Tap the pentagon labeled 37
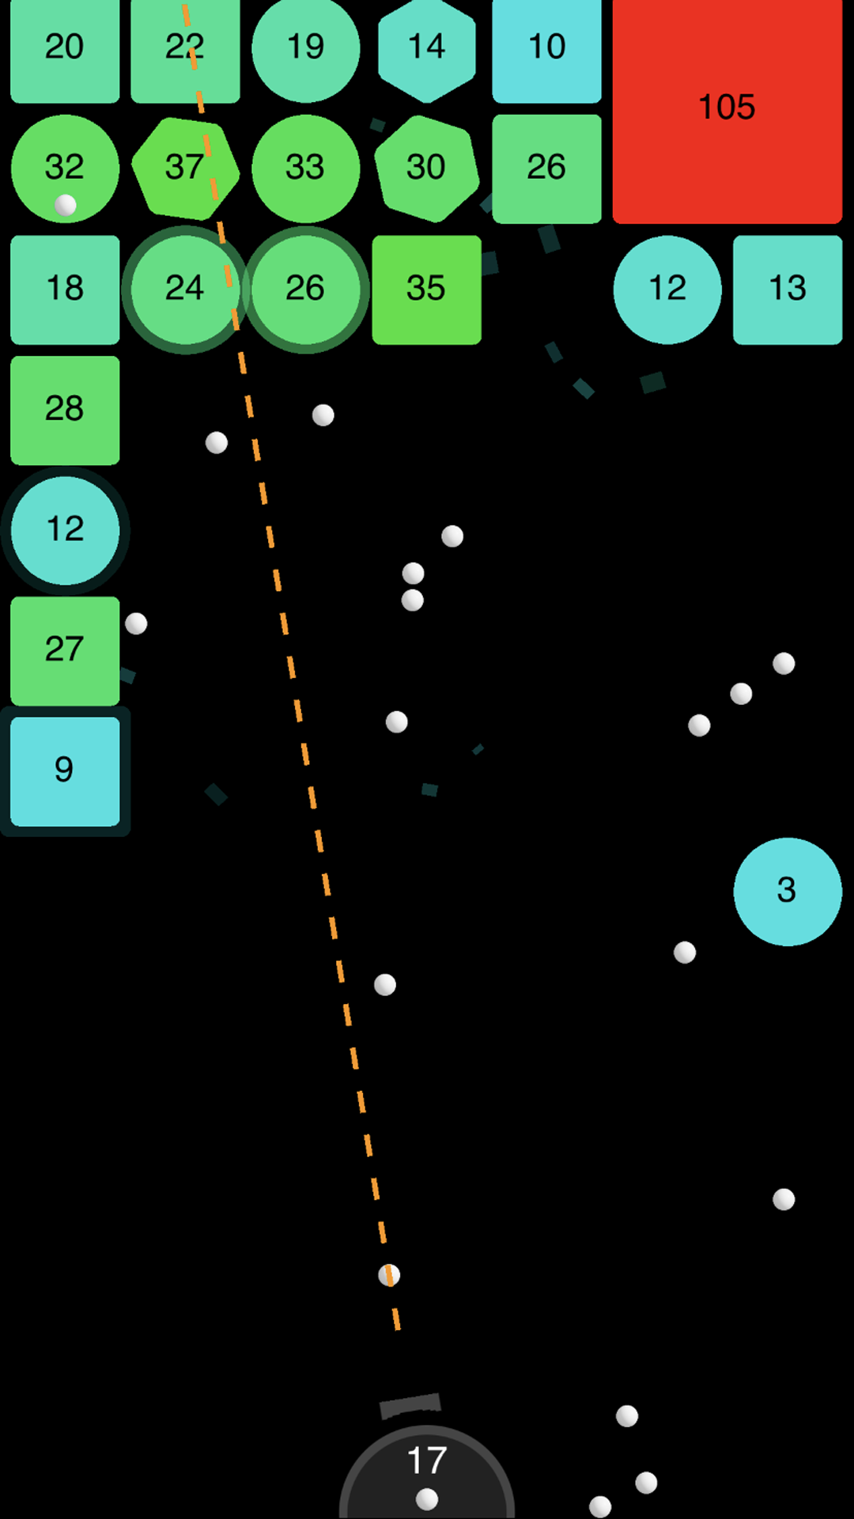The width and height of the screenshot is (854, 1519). (x=185, y=168)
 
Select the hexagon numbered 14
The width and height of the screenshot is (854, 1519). (x=426, y=49)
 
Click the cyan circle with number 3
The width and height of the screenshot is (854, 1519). (x=787, y=892)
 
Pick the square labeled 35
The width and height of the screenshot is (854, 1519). (x=426, y=290)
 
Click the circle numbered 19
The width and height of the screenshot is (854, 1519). (x=305, y=49)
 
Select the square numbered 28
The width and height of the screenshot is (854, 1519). (x=65, y=410)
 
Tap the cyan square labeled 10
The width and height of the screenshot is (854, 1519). (x=546, y=49)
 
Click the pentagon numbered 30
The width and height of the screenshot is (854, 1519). (x=426, y=168)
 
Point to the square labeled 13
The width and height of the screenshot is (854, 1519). (x=788, y=290)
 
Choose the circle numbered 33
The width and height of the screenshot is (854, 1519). (x=305, y=168)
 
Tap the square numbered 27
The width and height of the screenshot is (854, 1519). (x=65, y=650)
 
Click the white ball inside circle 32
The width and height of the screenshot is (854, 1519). (x=66, y=206)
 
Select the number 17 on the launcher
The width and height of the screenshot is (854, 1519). (x=427, y=1460)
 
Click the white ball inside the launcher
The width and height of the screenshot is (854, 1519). (x=427, y=1498)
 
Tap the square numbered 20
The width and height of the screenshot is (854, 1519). (x=65, y=49)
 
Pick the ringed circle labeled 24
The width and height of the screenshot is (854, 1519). (x=185, y=290)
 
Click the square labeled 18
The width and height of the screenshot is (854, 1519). (x=65, y=290)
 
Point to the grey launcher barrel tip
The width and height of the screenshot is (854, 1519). (x=410, y=1405)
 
